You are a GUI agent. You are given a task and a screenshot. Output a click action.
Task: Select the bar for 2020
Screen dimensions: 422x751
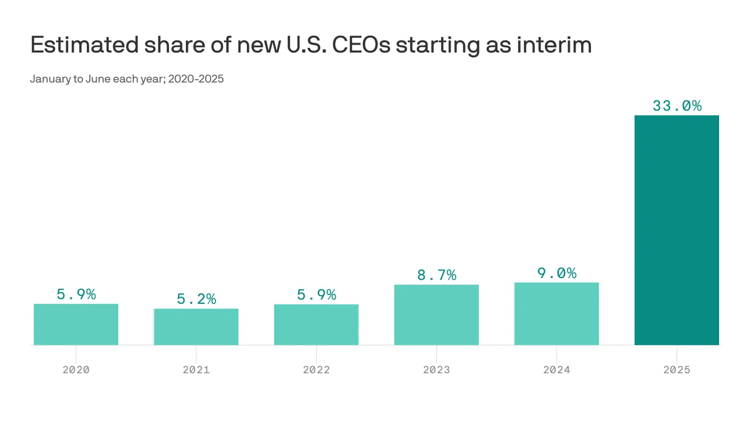(x=76, y=324)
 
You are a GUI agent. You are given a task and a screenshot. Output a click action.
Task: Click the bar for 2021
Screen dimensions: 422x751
(x=196, y=326)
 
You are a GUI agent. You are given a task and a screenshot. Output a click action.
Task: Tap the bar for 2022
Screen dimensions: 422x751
(x=316, y=324)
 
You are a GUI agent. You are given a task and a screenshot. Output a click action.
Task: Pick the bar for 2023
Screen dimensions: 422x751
(x=437, y=315)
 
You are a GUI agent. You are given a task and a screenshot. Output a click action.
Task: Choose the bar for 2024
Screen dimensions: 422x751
(x=556, y=314)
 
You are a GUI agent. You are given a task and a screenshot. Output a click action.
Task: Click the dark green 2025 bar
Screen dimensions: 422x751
(x=677, y=230)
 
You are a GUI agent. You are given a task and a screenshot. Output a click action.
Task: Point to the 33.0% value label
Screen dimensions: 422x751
(x=677, y=105)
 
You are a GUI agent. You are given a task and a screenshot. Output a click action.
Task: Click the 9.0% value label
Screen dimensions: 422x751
(x=556, y=273)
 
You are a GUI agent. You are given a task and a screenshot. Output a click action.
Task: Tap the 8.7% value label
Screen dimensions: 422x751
(x=437, y=275)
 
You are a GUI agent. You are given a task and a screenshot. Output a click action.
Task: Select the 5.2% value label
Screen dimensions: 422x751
(x=196, y=299)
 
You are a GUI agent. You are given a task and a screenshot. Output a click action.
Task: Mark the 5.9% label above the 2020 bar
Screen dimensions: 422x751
(x=76, y=295)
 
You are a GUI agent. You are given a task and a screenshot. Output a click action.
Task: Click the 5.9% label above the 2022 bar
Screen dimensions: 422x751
(x=316, y=295)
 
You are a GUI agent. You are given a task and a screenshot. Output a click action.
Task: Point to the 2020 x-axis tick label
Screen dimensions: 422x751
(x=76, y=370)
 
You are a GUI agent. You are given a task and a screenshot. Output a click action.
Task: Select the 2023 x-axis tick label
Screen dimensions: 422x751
(x=437, y=370)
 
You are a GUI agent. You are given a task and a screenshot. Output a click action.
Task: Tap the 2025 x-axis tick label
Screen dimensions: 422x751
(x=677, y=370)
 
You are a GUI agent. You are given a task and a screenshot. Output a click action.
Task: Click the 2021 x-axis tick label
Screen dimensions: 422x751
(x=196, y=370)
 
